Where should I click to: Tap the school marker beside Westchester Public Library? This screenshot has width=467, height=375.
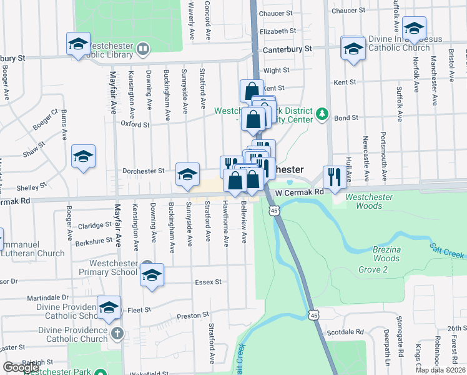pos(79,44)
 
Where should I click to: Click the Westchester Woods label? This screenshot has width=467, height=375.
pos(369,201)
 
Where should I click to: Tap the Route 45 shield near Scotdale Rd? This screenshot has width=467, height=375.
pos(313,316)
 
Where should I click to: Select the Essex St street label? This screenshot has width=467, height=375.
pos(209,282)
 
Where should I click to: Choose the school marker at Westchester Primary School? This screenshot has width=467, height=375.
pos(152,275)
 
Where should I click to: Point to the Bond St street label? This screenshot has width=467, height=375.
pos(347,117)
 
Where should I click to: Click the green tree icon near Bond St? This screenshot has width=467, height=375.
pos(322,114)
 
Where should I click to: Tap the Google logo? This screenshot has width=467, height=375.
pos(21,367)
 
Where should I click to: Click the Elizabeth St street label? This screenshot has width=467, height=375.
pos(277,31)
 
